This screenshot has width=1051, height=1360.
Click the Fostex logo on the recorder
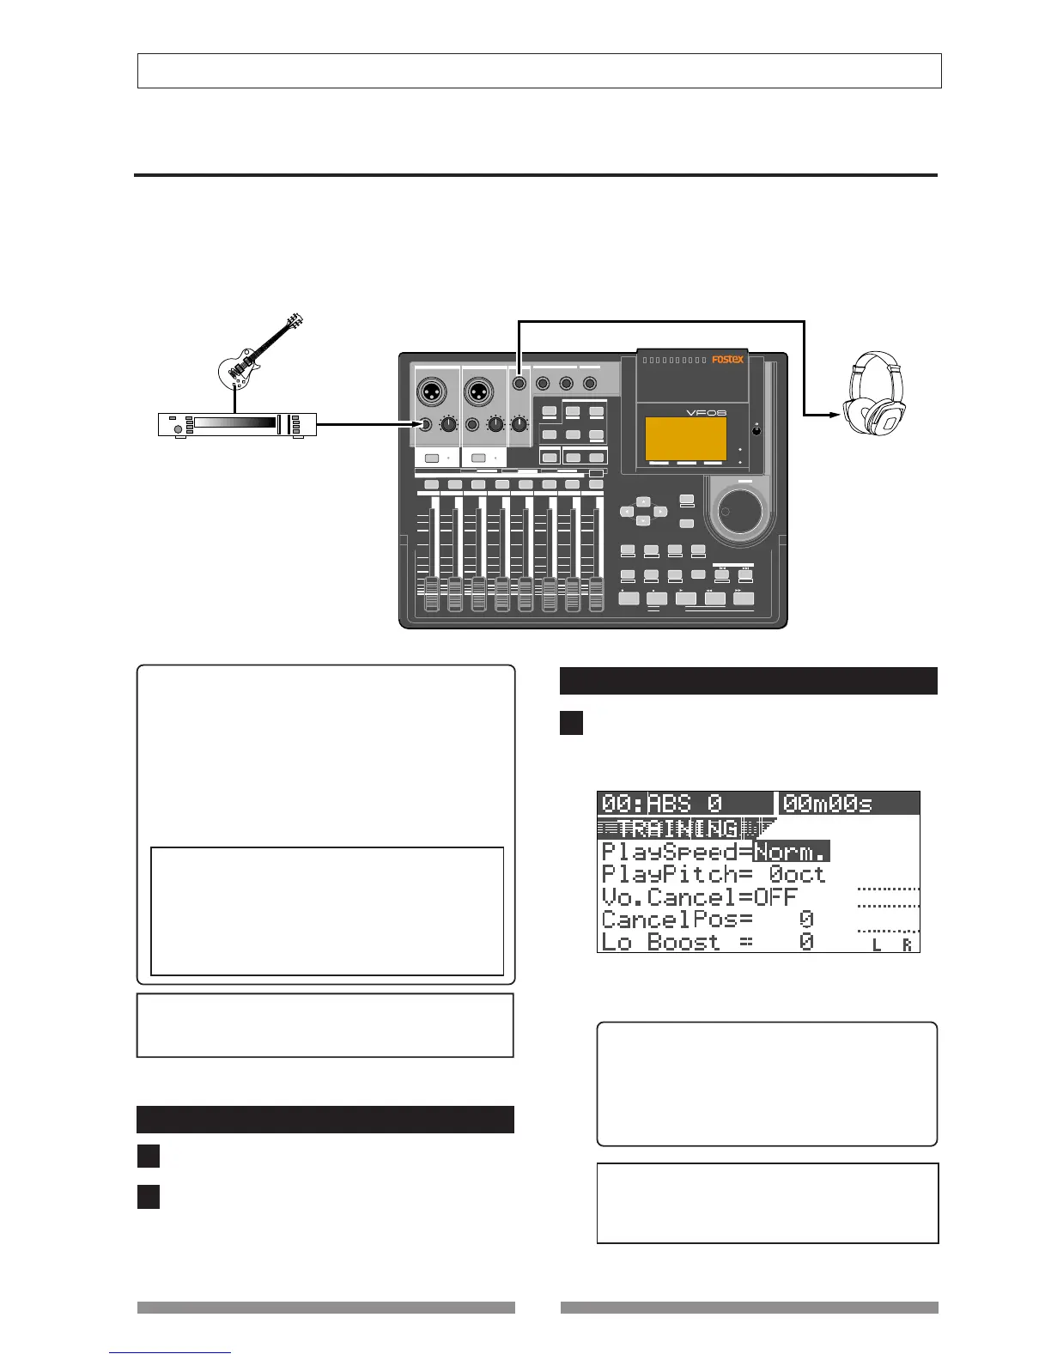point(727,360)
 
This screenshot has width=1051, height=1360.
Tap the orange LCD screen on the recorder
point(685,439)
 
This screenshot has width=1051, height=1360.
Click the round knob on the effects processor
point(178,427)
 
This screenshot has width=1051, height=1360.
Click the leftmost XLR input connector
point(431,392)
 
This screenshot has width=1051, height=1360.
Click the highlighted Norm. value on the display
point(791,852)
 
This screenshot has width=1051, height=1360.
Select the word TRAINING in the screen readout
point(677,829)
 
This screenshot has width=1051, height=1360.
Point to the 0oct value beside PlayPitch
point(797,874)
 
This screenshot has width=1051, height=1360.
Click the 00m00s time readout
point(828,804)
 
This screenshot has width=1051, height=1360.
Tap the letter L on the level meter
point(877,945)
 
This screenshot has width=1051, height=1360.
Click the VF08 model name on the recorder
point(707,412)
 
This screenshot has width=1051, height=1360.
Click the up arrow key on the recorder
point(643,501)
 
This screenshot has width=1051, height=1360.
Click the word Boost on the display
point(684,942)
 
